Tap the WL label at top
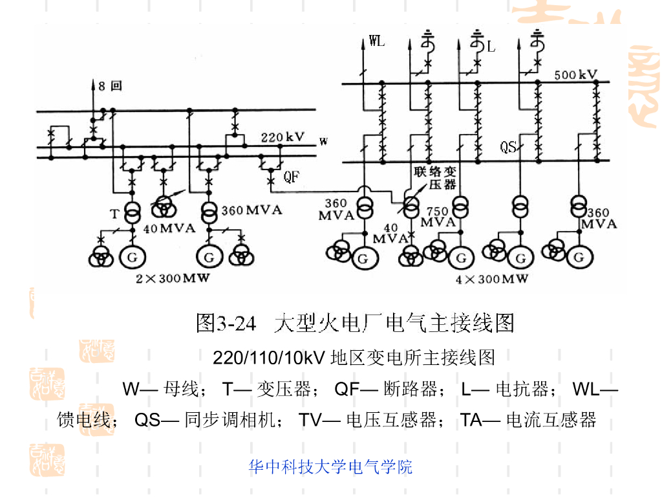(x=376, y=41)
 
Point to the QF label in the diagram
(x=292, y=176)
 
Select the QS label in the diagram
(x=508, y=148)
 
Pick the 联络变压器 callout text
(x=435, y=178)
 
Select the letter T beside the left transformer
(x=114, y=214)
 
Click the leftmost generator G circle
(x=132, y=257)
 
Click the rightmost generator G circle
(x=577, y=258)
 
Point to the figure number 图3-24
(x=226, y=322)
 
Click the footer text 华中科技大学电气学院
(x=330, y=467)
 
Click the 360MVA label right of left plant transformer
(x=251, y=211)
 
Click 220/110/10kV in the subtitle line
(x=268, y=357)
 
